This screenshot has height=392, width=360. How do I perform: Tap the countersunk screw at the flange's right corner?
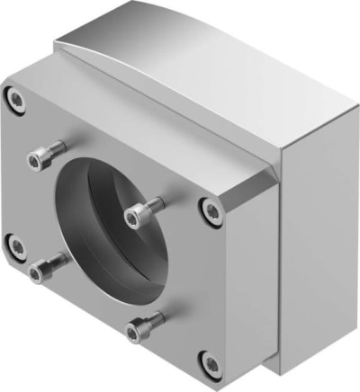tap(212, 211)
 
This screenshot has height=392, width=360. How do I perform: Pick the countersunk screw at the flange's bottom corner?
tap(211, 364)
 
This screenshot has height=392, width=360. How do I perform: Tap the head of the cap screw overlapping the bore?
tap(136, 217)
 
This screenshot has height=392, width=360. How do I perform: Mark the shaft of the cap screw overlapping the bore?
tap(155, 208)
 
